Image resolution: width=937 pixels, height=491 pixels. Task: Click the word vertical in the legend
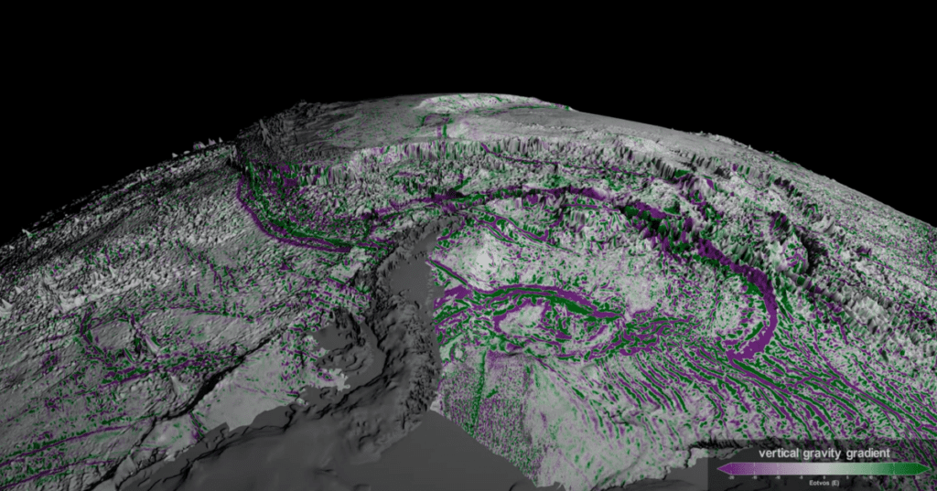click(x=779, y=453)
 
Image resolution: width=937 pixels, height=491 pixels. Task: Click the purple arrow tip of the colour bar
click(x=721, y=468)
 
